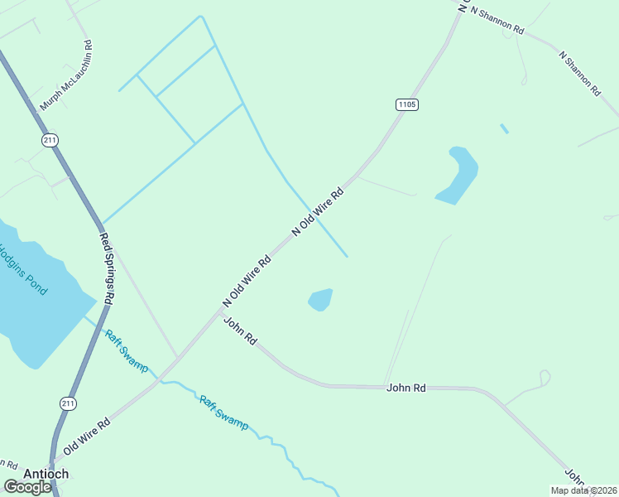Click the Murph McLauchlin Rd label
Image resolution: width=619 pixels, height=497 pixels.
point(65,76)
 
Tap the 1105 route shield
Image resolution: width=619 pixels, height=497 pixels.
point(406,104)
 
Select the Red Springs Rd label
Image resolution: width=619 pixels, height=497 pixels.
point(107,268)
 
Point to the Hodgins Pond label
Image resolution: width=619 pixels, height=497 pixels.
point(23,269)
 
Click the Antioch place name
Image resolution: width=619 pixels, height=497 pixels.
point(46,474)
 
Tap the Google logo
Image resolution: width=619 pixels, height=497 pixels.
point(27,487)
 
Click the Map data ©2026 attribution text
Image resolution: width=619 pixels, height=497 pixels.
point(583,490)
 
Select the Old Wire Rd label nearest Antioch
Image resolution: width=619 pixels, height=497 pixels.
point(86,435)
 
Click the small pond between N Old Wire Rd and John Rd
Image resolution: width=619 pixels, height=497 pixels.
point(321,299)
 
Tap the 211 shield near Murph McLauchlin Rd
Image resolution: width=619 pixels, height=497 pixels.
point(50,140)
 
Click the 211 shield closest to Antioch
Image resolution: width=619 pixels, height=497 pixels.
point(68,403)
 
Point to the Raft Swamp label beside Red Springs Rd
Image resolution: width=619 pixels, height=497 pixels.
point(126,351)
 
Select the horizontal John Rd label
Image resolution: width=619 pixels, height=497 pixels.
point(405,387)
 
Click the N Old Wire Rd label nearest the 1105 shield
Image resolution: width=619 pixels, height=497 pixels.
point(317,213)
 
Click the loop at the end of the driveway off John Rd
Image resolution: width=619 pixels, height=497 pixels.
point(544,377)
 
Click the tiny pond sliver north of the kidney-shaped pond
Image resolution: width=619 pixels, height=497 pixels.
point(504,128)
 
